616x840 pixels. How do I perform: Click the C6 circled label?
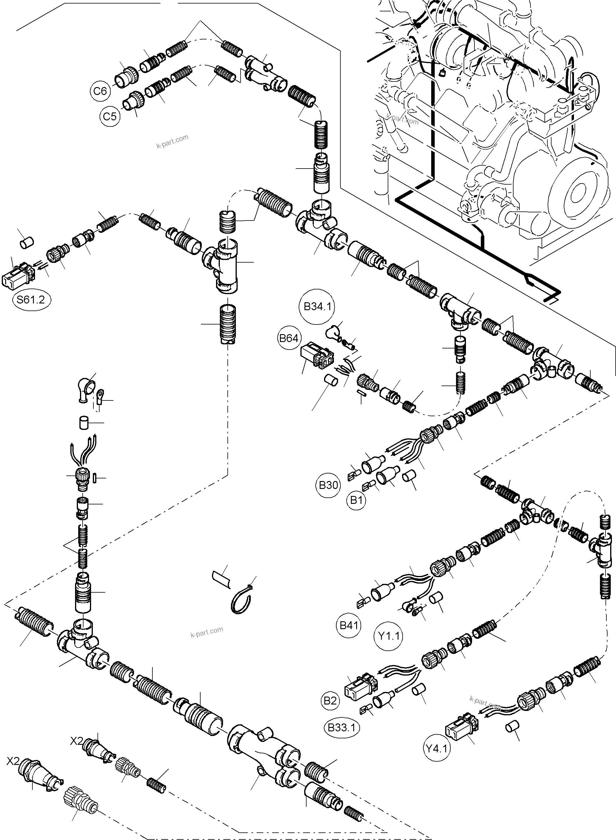click(100, 91)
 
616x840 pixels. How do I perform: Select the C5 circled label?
click(110, 116)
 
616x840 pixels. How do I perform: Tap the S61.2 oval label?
click(32, 300)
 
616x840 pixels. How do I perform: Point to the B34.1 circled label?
click(317, 307)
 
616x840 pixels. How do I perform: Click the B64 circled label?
click(289, 338)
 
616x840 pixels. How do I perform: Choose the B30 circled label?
click(328, 485)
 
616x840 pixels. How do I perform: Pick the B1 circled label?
click(356, 500)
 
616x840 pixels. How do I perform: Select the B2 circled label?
click(330, 700)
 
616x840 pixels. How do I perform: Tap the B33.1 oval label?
click(342, 727)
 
